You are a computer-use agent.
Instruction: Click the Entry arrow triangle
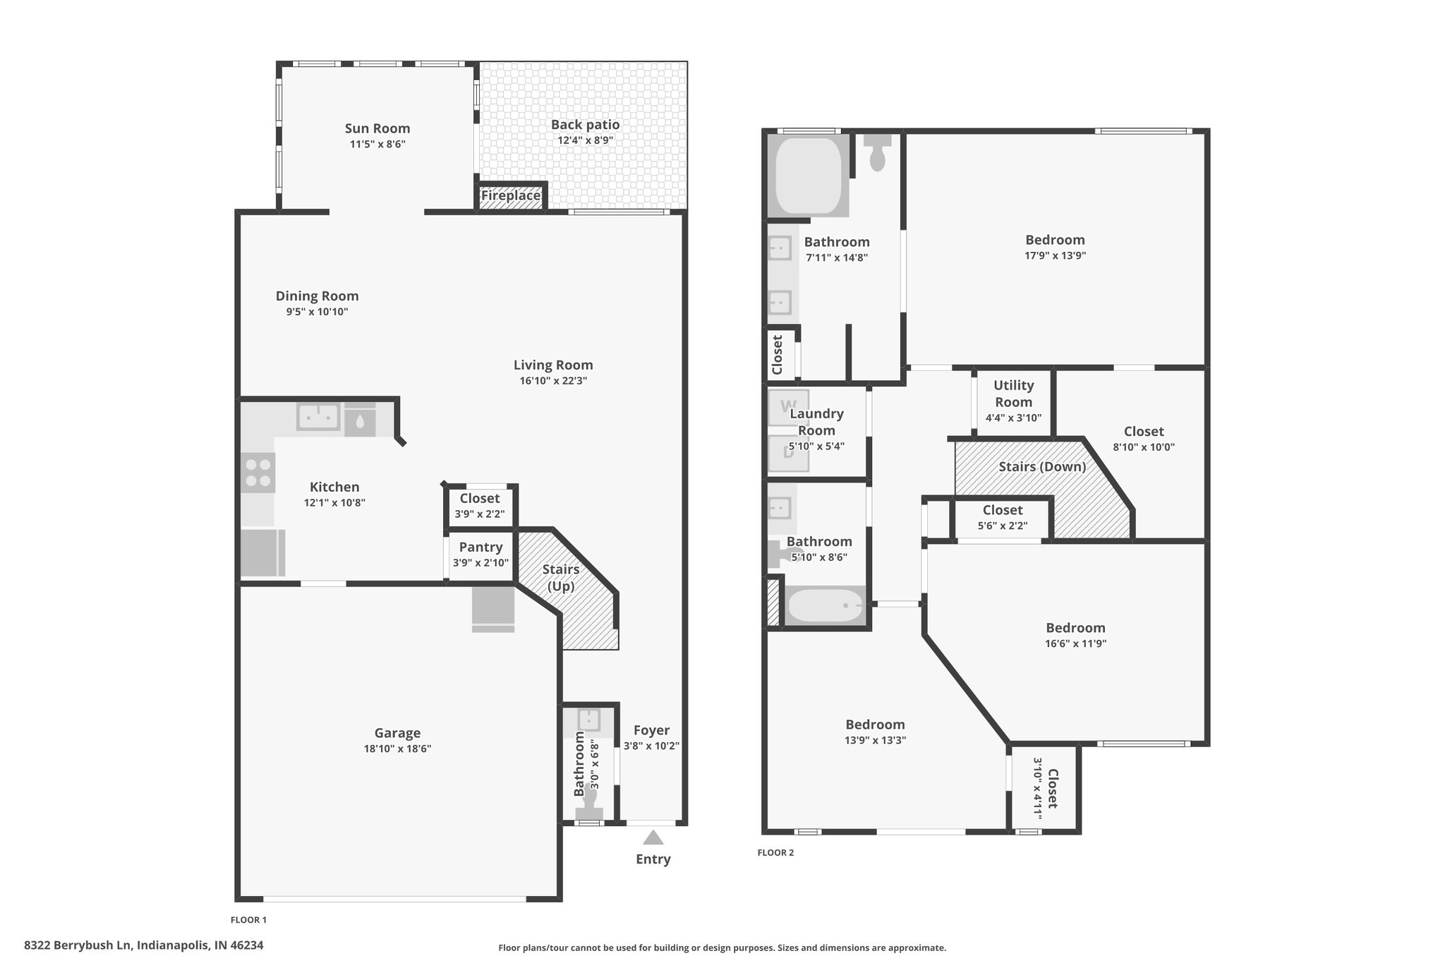[x=653, y=837]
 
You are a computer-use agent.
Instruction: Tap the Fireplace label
[x=511, y=195]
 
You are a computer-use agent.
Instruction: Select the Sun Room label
[x=377, y=128]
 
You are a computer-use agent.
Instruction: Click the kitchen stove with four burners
[x=258, y=473]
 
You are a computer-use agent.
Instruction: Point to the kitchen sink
[x=319, y=416]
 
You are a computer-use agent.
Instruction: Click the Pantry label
[x=481, y=547]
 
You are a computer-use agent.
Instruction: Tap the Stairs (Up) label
[x=561, y=578]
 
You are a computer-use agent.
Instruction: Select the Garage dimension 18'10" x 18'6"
[x=398, y=749]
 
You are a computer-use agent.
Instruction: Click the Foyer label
[x=651, y=730]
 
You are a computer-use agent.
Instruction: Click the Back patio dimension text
[x=586, y=140]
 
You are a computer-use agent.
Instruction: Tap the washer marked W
[x=787, y=407]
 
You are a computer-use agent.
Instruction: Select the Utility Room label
[x=1014, y=394]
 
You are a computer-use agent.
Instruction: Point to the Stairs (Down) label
[x=1042, y=466]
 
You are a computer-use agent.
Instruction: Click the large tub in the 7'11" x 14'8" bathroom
[x=809, y=175]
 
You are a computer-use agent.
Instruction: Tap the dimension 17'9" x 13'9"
[x=1056, y=256]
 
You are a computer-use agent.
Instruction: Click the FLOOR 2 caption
[x=775, y=852]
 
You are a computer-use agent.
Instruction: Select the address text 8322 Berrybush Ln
[x=78, y=945]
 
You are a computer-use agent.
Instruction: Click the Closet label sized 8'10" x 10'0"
[x=1144, y=431]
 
